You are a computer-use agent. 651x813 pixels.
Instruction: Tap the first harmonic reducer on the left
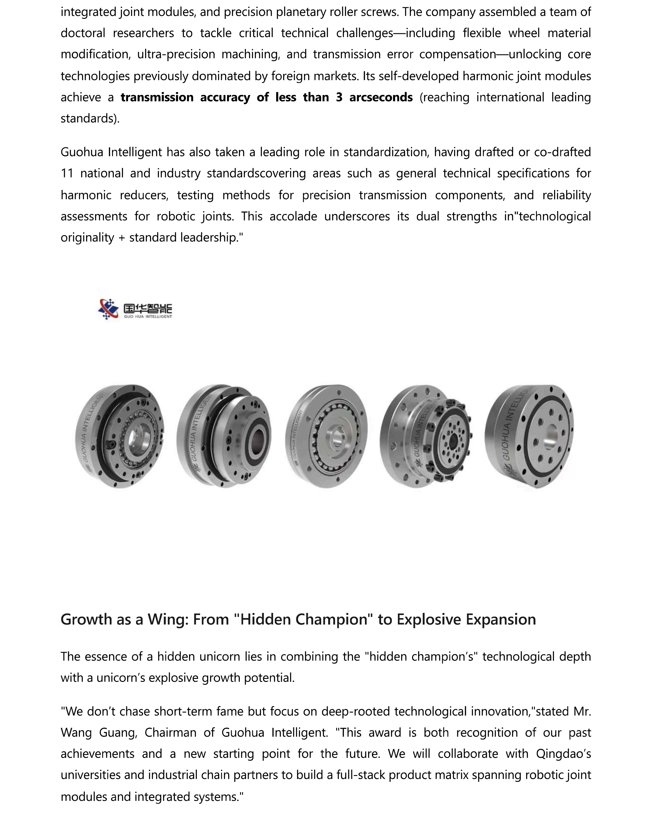click(120, 436)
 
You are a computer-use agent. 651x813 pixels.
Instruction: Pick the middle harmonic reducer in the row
click(327, 436)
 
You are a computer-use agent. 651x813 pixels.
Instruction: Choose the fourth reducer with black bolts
click(426, 436)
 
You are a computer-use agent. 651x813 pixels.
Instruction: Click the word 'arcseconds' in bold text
click(381, 97)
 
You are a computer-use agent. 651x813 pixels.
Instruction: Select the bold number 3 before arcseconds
click(339, 97)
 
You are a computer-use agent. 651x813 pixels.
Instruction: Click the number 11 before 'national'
click(67, 173)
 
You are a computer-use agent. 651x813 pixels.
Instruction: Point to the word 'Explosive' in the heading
click(429, 620)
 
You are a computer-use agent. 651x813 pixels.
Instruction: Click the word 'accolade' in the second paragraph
click(293, 217)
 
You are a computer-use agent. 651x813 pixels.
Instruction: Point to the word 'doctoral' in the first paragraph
click(83, 34)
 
